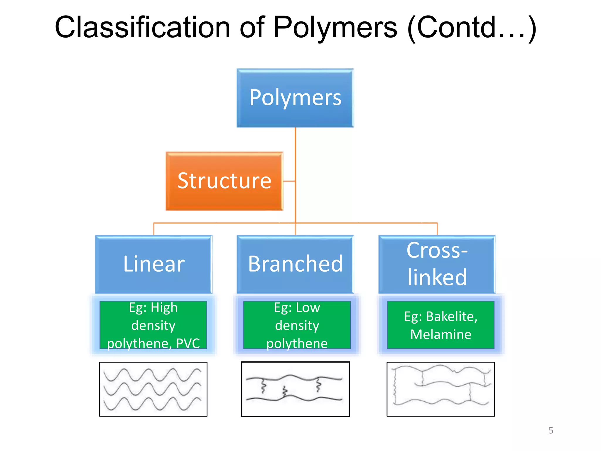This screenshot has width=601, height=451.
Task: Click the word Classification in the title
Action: click(x=142, y=27)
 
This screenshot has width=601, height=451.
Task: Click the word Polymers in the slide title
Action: click(x=335, y=27)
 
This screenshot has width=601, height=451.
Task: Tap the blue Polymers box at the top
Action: click(x=295, y=98)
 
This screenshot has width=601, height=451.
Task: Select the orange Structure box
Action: click(x=224, y=181)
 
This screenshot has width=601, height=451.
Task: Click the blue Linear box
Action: click(x=153, y=264)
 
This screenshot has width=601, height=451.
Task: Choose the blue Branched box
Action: click(x=295, y=264)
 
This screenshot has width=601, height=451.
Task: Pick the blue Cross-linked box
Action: click(x=437, y=264)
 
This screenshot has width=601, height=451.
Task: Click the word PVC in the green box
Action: click(x=188, y=343)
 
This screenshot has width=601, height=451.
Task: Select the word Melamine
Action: click(x=440, y=334)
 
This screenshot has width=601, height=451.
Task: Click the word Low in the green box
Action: click(x=308, y=307)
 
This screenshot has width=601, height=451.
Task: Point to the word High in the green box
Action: click(x=164, y=307)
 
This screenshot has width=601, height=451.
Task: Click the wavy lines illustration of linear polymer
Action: click(x=153, y=389)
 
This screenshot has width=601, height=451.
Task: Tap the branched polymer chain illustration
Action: click(x=295, y=389)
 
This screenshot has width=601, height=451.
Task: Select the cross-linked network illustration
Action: click(x=440, y=389)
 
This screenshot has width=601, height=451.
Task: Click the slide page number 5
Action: click(x=551, y=430)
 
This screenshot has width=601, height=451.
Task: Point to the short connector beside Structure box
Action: click(x=289, y=181)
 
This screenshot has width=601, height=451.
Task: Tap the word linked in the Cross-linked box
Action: click(x=437, y=277)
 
